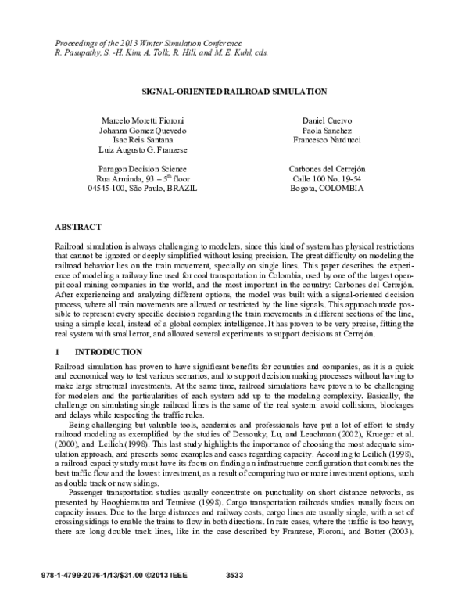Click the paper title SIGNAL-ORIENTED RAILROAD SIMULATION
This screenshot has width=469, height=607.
click(234, 92)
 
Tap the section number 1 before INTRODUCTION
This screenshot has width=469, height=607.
click(57, 352)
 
